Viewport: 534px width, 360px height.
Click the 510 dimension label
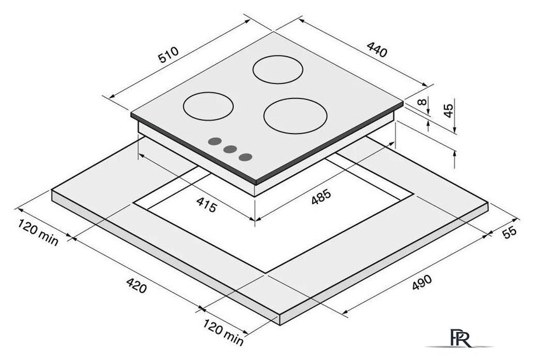[x=168, y=55]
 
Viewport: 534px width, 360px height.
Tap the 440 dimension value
[x=377, y=50]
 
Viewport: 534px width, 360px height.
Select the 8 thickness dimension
[x=421, y=102]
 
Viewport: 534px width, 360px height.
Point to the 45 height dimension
[x=449, y=110]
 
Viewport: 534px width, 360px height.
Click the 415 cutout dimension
[x=207, y=205]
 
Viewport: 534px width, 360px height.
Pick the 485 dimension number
[x=321, y=197]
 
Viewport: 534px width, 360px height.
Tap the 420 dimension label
[x=137, y=286]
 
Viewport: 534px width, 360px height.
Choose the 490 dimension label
[x=421, y=282]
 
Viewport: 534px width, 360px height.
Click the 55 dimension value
[x=509, y=232]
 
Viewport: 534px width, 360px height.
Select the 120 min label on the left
[x=38, y=233]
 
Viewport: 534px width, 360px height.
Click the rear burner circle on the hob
[x=278, y=69]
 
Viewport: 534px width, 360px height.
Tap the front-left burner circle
[x=208, y=106]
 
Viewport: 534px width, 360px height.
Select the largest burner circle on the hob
[x=295, y=116]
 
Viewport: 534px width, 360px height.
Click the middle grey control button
[x=230, y=149]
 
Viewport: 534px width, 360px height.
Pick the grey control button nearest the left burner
[x=215, y=141]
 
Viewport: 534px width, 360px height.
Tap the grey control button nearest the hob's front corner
[x=245, y=157]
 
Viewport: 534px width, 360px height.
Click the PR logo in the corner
[x=460, y=338]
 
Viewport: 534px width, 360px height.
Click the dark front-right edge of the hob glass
[x=329, y=143]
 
